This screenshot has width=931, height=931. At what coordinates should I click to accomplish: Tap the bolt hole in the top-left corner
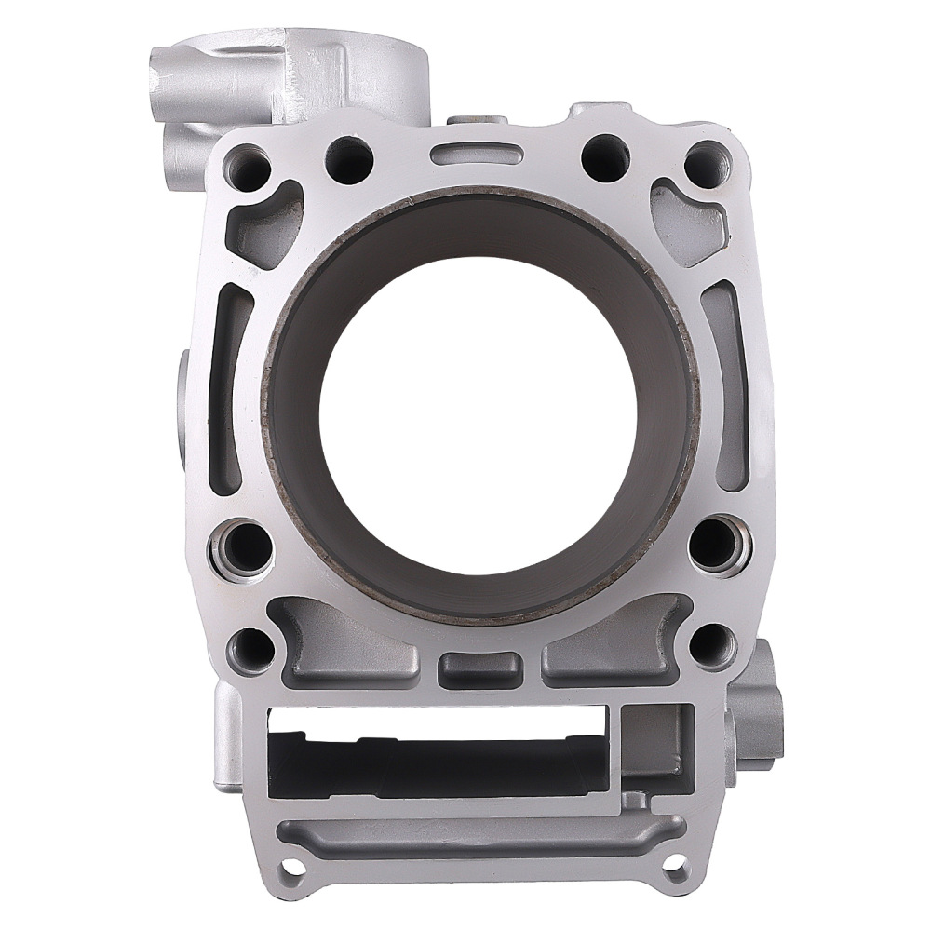[247, 168]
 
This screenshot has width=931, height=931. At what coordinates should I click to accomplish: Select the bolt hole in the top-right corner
[707, 165]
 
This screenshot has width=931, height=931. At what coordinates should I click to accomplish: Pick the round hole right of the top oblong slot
[605, 155]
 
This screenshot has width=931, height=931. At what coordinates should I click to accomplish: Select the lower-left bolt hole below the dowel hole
[250, 647]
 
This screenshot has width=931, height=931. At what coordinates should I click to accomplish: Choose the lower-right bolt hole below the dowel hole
[712, 644]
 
